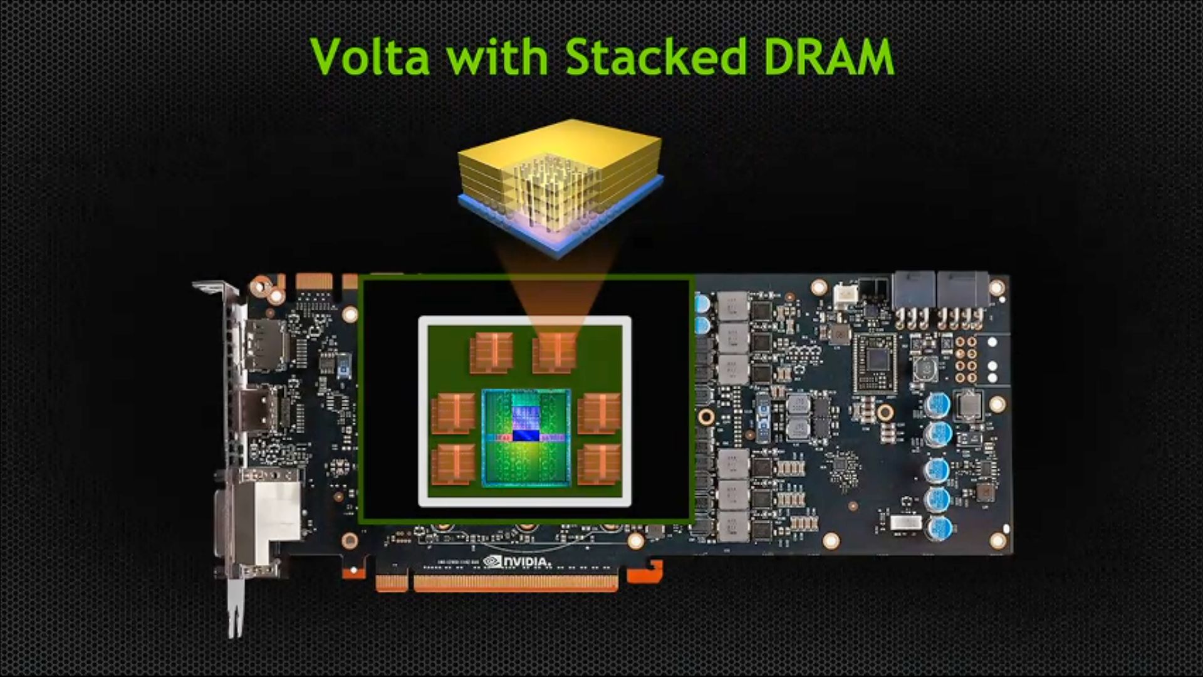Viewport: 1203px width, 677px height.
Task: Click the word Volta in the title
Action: tap(370, 56)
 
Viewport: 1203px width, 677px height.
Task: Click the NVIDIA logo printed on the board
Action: tap(518, 561)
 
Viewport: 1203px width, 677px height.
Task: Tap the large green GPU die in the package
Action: tap(526, 438)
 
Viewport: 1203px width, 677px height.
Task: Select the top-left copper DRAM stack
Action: tap(492, 353)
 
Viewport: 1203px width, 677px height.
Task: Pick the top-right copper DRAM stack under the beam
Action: tap(555, 353)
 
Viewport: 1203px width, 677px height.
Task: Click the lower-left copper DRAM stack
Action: tap(453, 464)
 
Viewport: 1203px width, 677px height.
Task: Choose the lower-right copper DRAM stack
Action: tap(600, 464)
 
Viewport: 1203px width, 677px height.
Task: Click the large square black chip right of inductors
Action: tap(875, 363)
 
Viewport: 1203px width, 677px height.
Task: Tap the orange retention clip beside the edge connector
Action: tap(645, 572)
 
